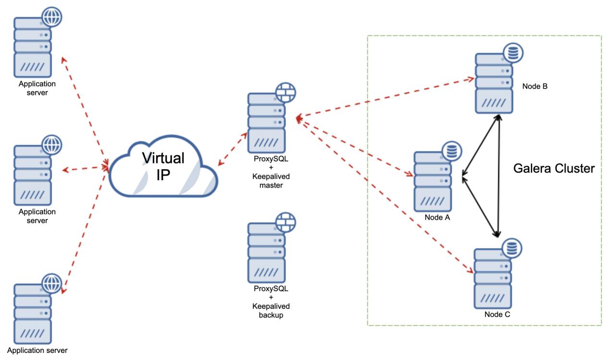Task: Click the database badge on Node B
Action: pos(513,53)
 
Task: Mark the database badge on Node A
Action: pos(451,151)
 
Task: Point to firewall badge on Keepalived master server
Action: pos(285,92)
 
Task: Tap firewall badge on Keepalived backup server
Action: pos(285,222)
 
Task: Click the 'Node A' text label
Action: pos(436,217)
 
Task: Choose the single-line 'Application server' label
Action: pos(37,350)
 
